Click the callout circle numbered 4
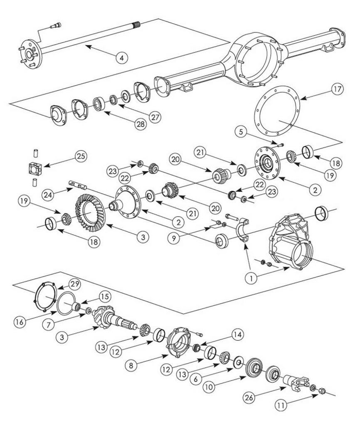(121, 58)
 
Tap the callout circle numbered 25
(80, 156)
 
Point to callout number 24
(49, 194)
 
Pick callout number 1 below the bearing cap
(251, 278)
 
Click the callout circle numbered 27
(155, 117)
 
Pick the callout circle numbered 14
(239, 334)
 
